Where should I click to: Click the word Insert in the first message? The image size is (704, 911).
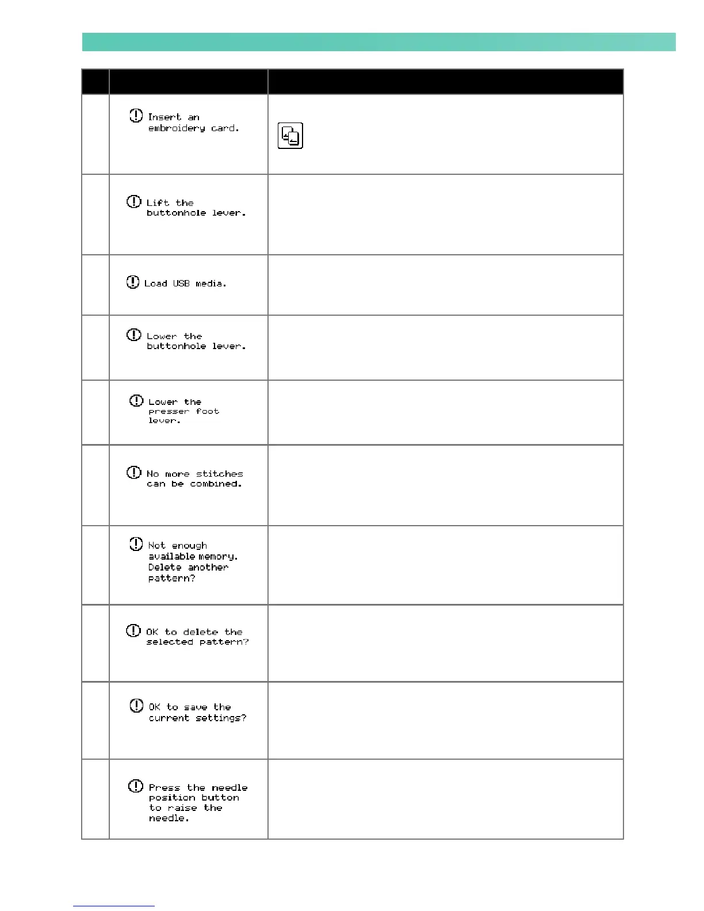click(x=164, y=117)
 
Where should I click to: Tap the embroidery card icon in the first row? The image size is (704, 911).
click(x=290, y=136)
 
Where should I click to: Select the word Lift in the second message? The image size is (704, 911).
click(x=158, y=203)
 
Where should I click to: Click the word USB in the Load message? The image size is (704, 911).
click(x=181, y=284)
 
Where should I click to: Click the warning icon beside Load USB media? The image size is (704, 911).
click(x=133, y=282)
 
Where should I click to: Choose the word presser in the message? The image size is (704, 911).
click(x=169, y=412)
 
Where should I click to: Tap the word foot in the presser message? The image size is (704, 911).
click(x=207, y=412)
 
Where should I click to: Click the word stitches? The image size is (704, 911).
click(x=219, y=474)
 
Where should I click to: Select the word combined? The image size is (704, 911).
click(x=216, y=484)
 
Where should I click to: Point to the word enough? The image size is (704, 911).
click(x=189, y=546)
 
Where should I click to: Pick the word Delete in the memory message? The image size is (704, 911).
click(x=164, y=568)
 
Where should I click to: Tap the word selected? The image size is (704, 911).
click(x=170, y=642)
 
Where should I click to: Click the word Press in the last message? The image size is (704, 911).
click(x=164, y=788)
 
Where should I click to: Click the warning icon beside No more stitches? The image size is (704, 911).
click(x=133, y=473)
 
